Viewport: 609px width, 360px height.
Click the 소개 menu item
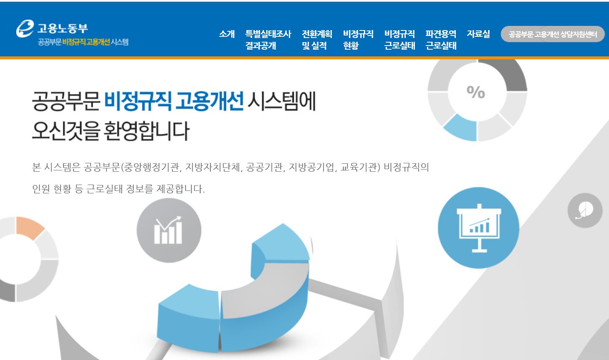point(227,34)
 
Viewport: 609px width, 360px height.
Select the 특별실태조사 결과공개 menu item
point(268,40)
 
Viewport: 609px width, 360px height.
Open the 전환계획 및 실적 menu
point(317,40)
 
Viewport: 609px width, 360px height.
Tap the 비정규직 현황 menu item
point(358,40)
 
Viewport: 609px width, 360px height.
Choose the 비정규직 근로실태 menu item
point(399,40)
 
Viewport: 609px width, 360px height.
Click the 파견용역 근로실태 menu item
point(441,40)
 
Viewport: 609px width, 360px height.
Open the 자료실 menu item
point(478,34)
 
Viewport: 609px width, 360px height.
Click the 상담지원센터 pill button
point(553,34)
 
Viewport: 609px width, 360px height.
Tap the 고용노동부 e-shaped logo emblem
point(25,28)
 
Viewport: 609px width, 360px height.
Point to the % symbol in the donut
point(476,92)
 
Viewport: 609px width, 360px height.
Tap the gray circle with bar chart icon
point(169,230)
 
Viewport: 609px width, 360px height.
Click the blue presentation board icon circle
point(478,228)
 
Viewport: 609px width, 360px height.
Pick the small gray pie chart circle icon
point(585,210)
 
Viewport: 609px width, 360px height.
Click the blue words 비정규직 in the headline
point(138,101)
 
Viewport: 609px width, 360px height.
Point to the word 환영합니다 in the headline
point(147,131)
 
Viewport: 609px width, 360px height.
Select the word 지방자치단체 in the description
point(213,167)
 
